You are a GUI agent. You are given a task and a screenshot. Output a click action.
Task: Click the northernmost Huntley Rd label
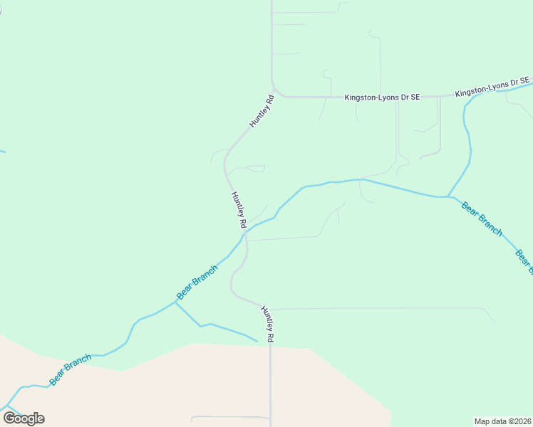tap(262, 111)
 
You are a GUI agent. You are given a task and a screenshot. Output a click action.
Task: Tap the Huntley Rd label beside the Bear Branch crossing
tap(239, 209)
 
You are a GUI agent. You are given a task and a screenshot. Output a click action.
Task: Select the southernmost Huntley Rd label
tap(266, 325)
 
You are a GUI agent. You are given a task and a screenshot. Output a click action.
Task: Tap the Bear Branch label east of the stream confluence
tap(482, 219)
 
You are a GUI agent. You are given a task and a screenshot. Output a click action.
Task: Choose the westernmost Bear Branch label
tap(70, 370)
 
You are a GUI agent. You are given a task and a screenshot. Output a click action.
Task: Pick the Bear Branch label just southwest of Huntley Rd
tap(196, 283)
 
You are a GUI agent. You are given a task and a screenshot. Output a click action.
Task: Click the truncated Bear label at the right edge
tap(524, 261)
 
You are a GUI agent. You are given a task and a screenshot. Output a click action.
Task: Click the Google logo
tap(24, 418)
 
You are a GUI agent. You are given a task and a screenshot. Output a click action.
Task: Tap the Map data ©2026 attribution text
tap(502, 421)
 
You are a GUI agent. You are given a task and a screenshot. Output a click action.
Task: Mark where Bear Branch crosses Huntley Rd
tap(244, 233)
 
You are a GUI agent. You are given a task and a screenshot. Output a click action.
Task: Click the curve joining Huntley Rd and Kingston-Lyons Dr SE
tap(276, 92)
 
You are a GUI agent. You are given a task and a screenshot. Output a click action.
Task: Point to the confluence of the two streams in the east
tap(447, 196)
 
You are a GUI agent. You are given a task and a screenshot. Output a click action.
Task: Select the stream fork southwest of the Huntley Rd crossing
tap(176, 302)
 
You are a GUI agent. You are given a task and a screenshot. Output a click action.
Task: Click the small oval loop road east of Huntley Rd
tap(254, 169)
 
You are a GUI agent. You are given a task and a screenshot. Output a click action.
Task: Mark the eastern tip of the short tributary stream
tap(257, 341)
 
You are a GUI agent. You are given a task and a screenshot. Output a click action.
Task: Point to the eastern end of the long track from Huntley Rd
tap(494, 321)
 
